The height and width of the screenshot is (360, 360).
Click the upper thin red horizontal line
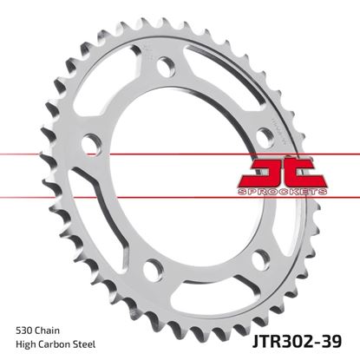click(130, 154)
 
